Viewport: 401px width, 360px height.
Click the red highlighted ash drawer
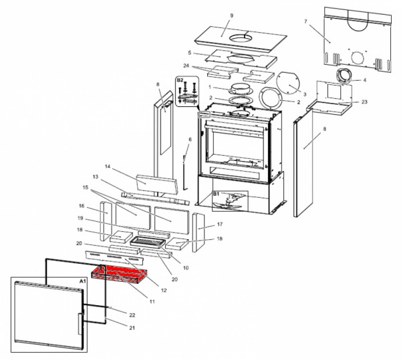[120, 273]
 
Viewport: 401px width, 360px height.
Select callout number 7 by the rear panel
[305, 22]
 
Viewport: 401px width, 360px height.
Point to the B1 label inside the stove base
[216, 194]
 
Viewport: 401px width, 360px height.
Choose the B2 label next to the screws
[179, 80]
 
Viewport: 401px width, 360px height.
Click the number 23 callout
[364, 102]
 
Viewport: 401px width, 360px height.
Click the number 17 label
[219, 225]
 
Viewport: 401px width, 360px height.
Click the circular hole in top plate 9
[239, 39]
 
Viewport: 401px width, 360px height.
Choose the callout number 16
[82, 206]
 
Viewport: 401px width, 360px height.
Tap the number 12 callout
[164, 290]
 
